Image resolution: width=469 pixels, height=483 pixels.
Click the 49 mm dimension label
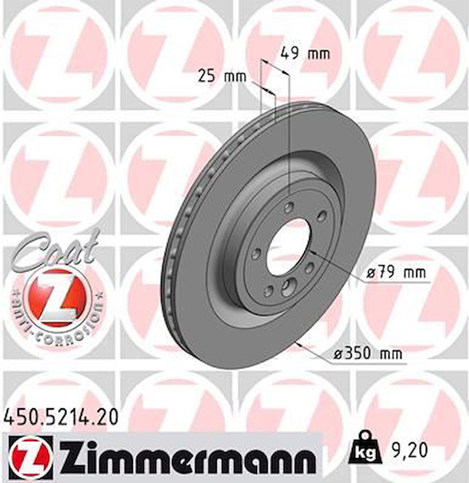pos(305,53)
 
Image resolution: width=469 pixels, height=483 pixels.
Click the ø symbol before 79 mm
pos(371,273)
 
